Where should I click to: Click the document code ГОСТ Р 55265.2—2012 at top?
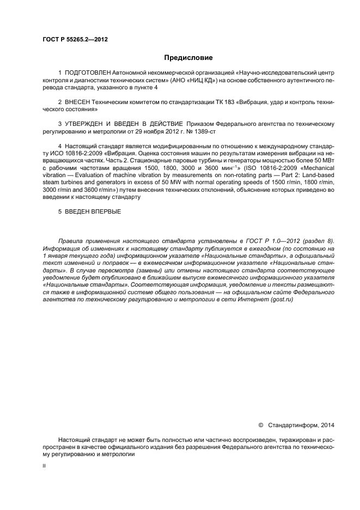click(71, 39)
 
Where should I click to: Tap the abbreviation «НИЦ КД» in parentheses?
click(199, 80)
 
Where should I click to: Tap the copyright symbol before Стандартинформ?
click(260, 424)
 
